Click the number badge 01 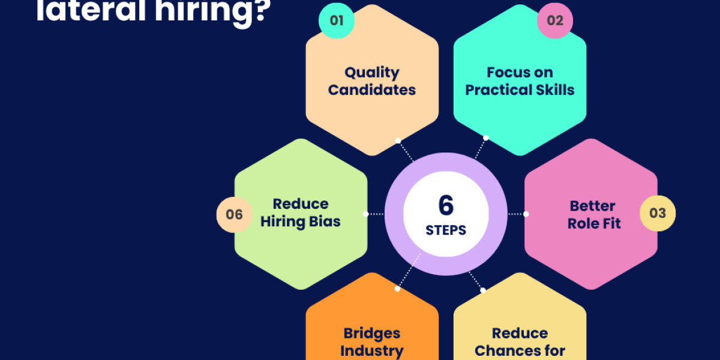(337, 20)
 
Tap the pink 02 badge (555, 20)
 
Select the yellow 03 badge (658, 213)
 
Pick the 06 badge (235, 214)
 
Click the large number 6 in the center (446, 206)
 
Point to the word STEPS (446, 230)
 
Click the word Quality (372, 73)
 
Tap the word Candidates (372, 90)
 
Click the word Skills (557, 90)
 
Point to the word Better (593, 206)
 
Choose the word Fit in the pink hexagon (611, 223)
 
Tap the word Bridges (372, 333)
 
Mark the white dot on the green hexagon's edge (365, 214)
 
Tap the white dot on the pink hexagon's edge (526, 214)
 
